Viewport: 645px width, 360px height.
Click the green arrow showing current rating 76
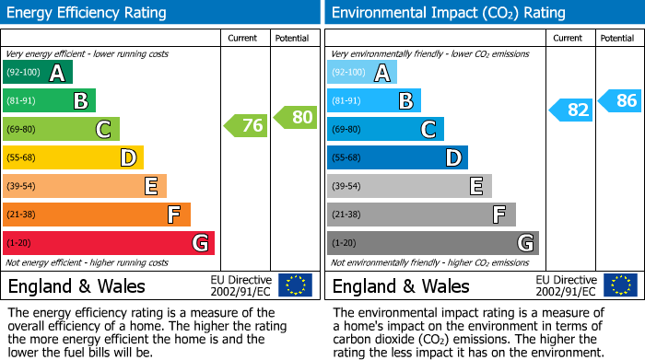[x=246, y=126]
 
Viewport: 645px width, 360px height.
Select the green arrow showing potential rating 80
[x=296, y=117]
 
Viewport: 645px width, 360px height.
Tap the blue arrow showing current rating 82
[x=570, y=110]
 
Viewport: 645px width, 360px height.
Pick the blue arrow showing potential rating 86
[x=620, y=101]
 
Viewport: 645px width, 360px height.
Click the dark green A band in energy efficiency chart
[x=37, y=73]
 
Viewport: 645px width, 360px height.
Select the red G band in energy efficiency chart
[x=108, y=243]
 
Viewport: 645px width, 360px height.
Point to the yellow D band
[x=73, y=158]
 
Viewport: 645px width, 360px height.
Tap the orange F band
[x=96, y=215]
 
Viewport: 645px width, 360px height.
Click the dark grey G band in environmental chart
[x=432, y=243]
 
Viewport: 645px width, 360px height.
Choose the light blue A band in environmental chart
[x=362, y=73]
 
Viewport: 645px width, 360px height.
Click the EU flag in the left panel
[x=295, y=285]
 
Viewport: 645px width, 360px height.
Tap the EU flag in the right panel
[x=619, y=285]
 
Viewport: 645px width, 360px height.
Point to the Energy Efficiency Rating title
[x=87, y=13]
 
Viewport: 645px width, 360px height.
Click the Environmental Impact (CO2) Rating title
[x=449, y=13]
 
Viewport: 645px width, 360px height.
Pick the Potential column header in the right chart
[x=617, y=38]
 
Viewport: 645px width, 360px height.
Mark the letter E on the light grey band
[x=475, y=187]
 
